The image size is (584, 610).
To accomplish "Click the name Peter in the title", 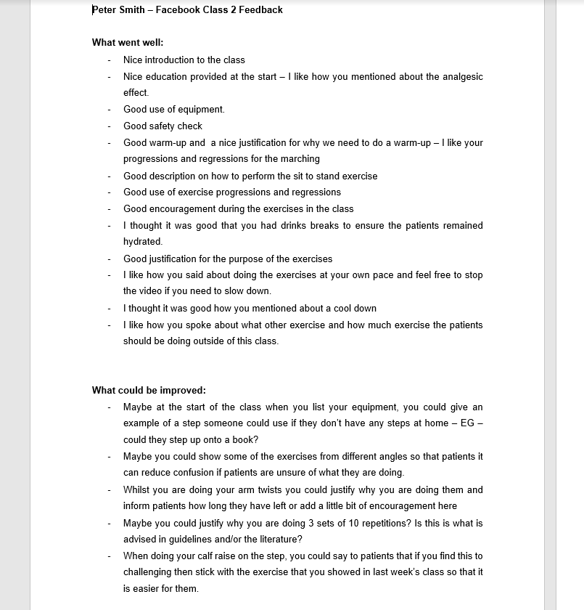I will point(104,10).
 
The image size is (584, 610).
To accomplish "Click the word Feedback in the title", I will point(259,10).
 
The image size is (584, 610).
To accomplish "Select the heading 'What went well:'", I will point(128,43).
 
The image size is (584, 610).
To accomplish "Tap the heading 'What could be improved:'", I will point(149,390).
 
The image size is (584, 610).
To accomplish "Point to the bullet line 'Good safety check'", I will point(163,126).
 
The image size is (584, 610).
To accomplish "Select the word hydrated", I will point(142,242).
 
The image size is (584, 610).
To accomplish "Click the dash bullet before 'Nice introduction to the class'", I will point(109,60).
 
